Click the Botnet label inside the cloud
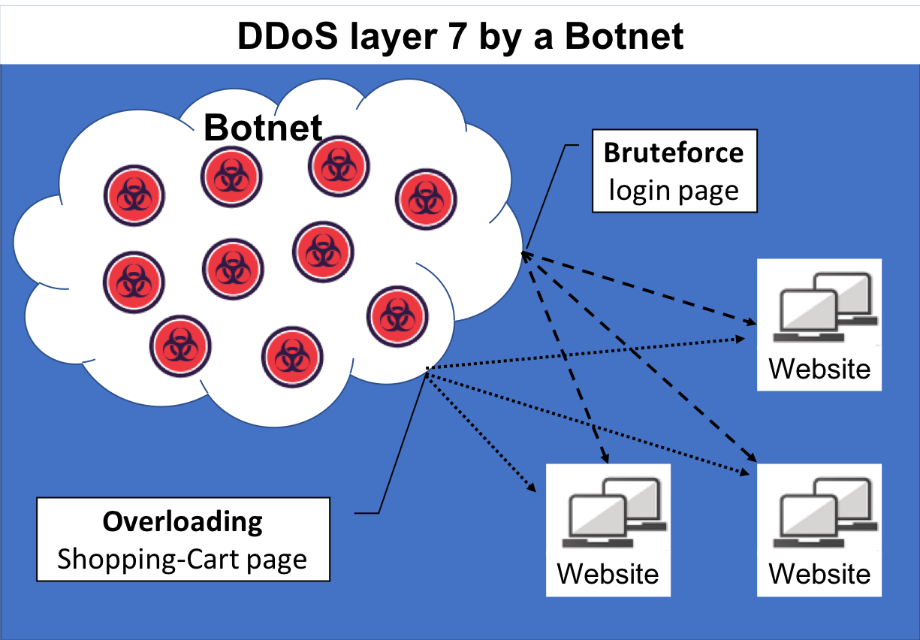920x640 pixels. [263, 128]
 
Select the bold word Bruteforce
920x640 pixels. [674, 152]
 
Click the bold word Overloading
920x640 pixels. [182, 521]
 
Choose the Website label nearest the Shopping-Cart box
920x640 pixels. [608, 573]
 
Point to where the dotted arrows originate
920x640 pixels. [427, 369]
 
